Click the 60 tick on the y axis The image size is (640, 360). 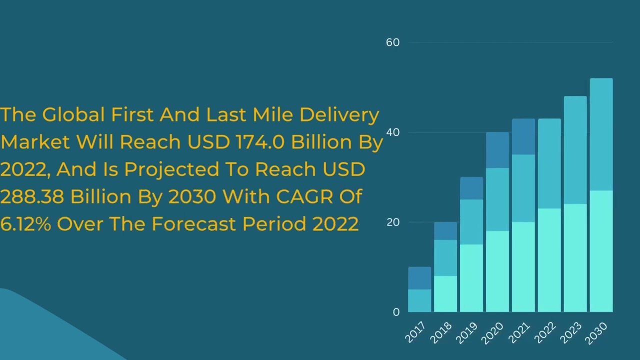pyautogui.click(x=392, y=42)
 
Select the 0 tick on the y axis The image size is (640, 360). pyautogui.click(x=396, y=312)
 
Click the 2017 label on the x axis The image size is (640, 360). pyautogui.click(x=415, y=332)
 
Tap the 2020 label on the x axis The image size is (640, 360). pyautogui.click(x=492, y=332)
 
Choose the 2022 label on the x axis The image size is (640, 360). pyautogui.click(x=544, y=332)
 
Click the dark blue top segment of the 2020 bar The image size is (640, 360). pyautogui.click(x=497, y=150)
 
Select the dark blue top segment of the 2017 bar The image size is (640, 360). pyautogui.click(x=419, y=278)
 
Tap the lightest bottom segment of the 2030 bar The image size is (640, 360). pyautogui.click(x=601, y=251)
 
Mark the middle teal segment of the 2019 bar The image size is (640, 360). pyautogui.click(x=471, y=222)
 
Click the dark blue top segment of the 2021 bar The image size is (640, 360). pyautogui.click(x=523, y=136)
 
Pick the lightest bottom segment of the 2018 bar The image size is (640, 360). pyautogui.click(x=445, y=294)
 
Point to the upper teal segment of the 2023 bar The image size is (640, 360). pyautogui.click(x=575, y=150)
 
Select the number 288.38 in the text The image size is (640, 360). pyautogui.click(x=32, y=197)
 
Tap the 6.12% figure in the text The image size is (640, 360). pyautogui.click(x=25, y=224)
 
